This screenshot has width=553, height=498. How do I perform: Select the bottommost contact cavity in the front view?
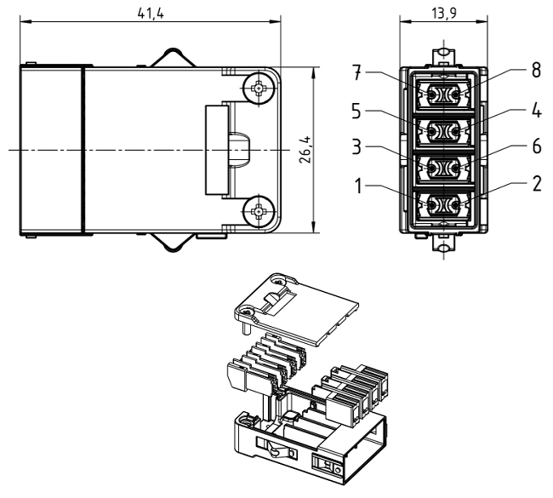click(x=442, y=205)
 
